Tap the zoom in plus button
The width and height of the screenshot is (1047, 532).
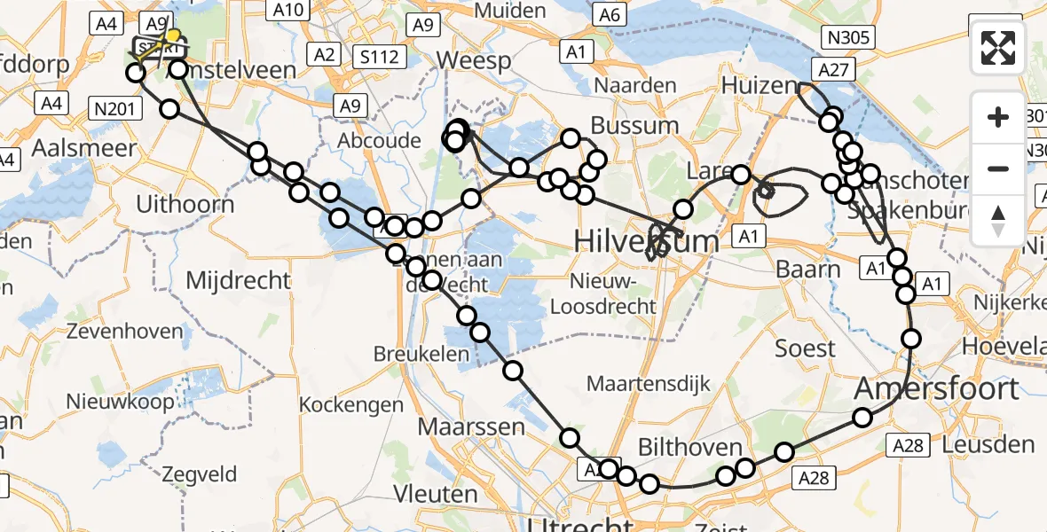[998, 118]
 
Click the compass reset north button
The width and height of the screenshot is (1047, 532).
[998, 220]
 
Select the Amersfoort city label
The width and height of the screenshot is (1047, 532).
[937, 389]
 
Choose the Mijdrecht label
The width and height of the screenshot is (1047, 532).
[238, 281]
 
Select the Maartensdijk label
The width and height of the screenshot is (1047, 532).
[649, 384]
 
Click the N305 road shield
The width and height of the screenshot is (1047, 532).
[850, 37]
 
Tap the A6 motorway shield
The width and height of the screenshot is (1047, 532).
[609, 14]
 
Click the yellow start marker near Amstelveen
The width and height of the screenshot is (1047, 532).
[173, 37]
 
